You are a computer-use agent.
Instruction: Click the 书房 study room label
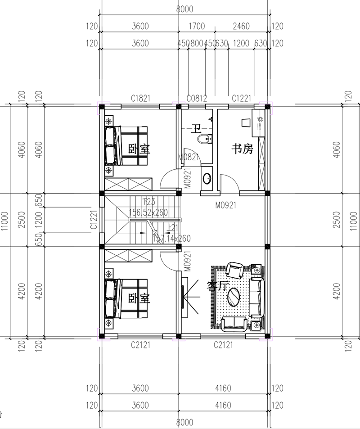pos(242,149)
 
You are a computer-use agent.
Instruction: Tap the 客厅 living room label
pos(216,286)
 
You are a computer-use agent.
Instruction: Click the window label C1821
pos(140,98)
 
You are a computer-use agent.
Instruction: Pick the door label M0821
pos(189,157)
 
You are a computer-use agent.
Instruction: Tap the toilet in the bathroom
pos(205,139)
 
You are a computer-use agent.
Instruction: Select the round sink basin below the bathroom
pos(207,179)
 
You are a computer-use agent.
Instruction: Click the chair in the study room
pos(246,122)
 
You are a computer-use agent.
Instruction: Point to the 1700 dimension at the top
pos(197,27)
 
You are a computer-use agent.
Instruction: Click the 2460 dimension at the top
pos(241,27)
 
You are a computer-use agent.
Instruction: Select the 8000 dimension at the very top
pos(184,9)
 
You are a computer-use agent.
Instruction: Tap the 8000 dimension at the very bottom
pos(184,422)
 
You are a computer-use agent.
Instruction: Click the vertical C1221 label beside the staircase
pos(94,220)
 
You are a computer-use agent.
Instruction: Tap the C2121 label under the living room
pos(223,345)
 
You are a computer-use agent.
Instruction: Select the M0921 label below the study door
pos(226,205)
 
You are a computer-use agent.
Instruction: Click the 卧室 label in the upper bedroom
pos(139,149)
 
